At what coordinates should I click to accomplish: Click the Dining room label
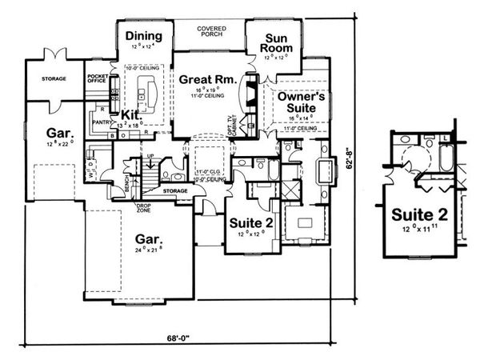144,36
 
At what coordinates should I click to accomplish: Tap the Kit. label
131,115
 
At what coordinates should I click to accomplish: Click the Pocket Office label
97,78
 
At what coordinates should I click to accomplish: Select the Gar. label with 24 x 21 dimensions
150,239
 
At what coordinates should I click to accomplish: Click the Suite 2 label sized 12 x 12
251,222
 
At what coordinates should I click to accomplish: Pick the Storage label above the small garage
42,78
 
